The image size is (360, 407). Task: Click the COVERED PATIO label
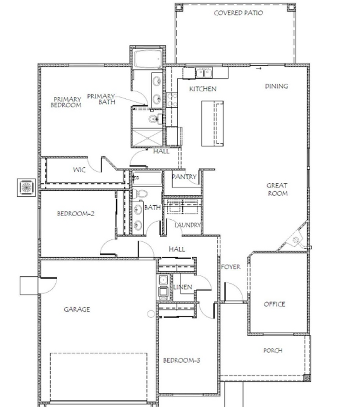click(x=238, y=13)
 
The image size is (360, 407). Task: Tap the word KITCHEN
click(x=203, y=89)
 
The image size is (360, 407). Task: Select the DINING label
click(x=276, y=86)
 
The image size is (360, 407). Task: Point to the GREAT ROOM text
click(x=277, y=189)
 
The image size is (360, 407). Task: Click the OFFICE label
click(x=275, y=304)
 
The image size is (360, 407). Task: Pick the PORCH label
click(x=273, y=350)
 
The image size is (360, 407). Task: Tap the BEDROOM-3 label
click(x=182, y=360)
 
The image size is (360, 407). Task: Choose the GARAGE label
click(x=77, y=309)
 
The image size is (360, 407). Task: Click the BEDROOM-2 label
click(x=75, y=214)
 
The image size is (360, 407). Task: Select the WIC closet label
click(x=79, y=170)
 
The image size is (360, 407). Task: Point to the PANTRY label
click(x=184, y=177)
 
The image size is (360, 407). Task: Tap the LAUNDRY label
click(x=188, y=225)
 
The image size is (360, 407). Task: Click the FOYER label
click(x=230, y=267)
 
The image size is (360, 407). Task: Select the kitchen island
click(x=212, y=123)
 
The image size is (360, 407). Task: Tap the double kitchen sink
click(x=204, y=72)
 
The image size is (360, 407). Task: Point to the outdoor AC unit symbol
click(x=26, y=187)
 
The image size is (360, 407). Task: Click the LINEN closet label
click(x=183, y=287)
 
